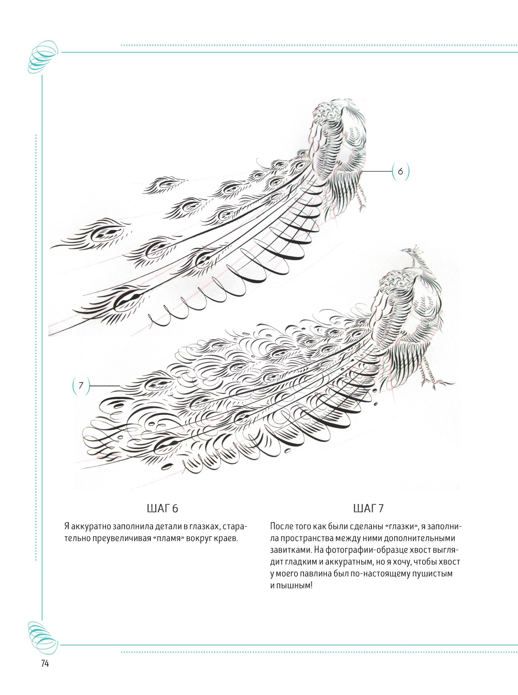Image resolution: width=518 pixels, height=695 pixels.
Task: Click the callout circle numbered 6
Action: pos(400,171)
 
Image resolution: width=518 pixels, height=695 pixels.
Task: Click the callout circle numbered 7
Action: pos(81,386)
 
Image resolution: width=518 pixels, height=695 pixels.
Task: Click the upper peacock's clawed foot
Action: pos(361,203)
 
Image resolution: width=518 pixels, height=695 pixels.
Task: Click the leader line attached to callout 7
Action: pos(105,386)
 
